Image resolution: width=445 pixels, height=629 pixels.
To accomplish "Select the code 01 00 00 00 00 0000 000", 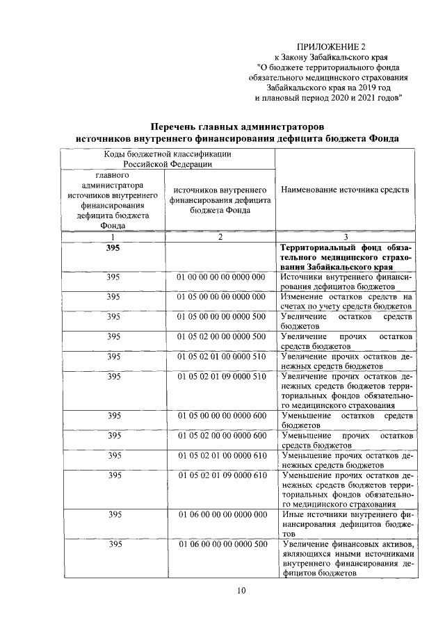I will (x=221, y=277).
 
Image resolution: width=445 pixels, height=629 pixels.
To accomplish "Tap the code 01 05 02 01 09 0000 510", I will (x=221, y=377).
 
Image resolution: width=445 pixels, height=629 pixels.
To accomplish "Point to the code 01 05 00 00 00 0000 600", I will (x=221, y=416).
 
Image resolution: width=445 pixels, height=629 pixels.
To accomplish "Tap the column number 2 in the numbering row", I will (x=220, y=237).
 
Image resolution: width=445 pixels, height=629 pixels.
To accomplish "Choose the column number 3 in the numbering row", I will (x=345, y=237).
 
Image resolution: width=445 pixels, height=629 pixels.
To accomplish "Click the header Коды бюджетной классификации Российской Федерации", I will (x=168, y=159).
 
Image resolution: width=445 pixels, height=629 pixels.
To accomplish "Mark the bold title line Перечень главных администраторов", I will (x=238, y=127).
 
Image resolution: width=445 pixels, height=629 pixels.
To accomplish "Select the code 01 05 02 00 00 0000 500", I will (x=221, y=336).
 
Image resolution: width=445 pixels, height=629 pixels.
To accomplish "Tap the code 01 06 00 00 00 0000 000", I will (x=221, y=514).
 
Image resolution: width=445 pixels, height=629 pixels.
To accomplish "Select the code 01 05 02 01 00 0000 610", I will (x=221, y=455).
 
